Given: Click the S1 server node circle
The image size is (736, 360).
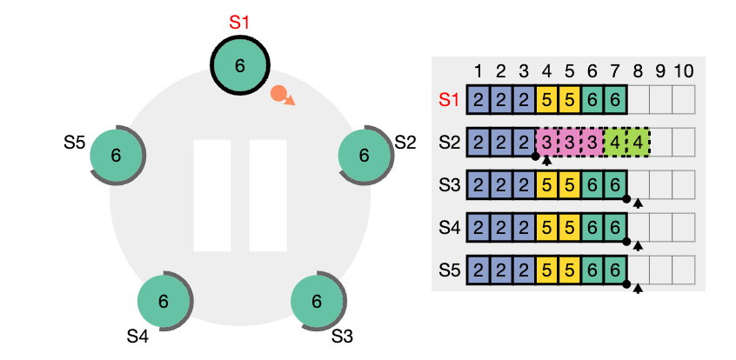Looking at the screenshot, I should [240, 65].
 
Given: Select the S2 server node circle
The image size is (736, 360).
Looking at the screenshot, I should [364, 156].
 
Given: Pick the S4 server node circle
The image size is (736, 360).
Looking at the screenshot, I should [163, 302].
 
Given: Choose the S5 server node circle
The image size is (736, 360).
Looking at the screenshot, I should [116, 156].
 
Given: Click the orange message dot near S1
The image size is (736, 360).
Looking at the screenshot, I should [279, 93].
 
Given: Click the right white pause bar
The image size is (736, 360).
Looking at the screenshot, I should [267, 195].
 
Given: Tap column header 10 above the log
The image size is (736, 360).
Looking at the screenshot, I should [683, 70].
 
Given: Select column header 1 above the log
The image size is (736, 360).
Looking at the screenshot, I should [478, 70].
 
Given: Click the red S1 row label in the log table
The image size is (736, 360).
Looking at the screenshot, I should [448, 99].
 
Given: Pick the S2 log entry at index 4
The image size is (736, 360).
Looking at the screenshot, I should [547, 142].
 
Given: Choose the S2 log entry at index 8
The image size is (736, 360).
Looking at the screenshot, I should [638, 142].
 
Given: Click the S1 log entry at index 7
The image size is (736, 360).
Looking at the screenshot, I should [615, 99].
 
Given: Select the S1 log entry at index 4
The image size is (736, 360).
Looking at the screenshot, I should [547, 99].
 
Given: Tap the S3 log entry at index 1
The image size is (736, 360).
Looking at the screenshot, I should [478, 184].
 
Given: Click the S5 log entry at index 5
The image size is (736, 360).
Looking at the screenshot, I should [570, 270].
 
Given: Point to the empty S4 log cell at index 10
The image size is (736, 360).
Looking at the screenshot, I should [683, 227].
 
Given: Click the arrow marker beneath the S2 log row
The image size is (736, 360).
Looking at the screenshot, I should [546, 160].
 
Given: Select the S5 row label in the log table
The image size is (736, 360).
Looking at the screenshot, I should [448, 270].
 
